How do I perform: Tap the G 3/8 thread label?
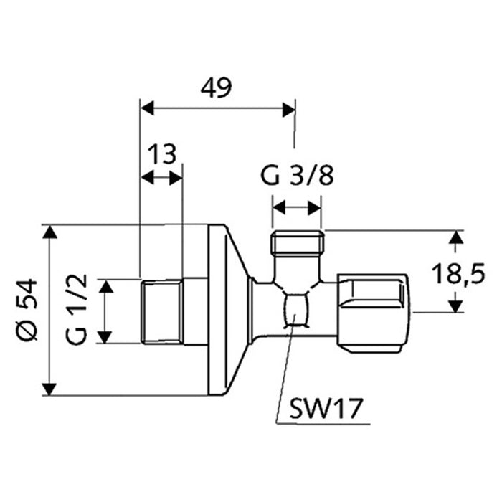point(296,176)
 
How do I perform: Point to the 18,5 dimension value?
point(460,273)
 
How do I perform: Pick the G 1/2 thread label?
point(80,310)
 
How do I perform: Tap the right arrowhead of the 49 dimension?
point(289,109)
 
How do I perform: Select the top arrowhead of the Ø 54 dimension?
point(49,232)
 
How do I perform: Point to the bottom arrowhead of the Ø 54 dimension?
point(49,389)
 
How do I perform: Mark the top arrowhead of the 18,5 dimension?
point(455,237)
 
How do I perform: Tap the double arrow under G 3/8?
point(297,208)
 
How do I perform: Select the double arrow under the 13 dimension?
point(161,178)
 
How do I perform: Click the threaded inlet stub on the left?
point(161,312)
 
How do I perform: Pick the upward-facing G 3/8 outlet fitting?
point(298,244)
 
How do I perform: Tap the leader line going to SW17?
point(284,373)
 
